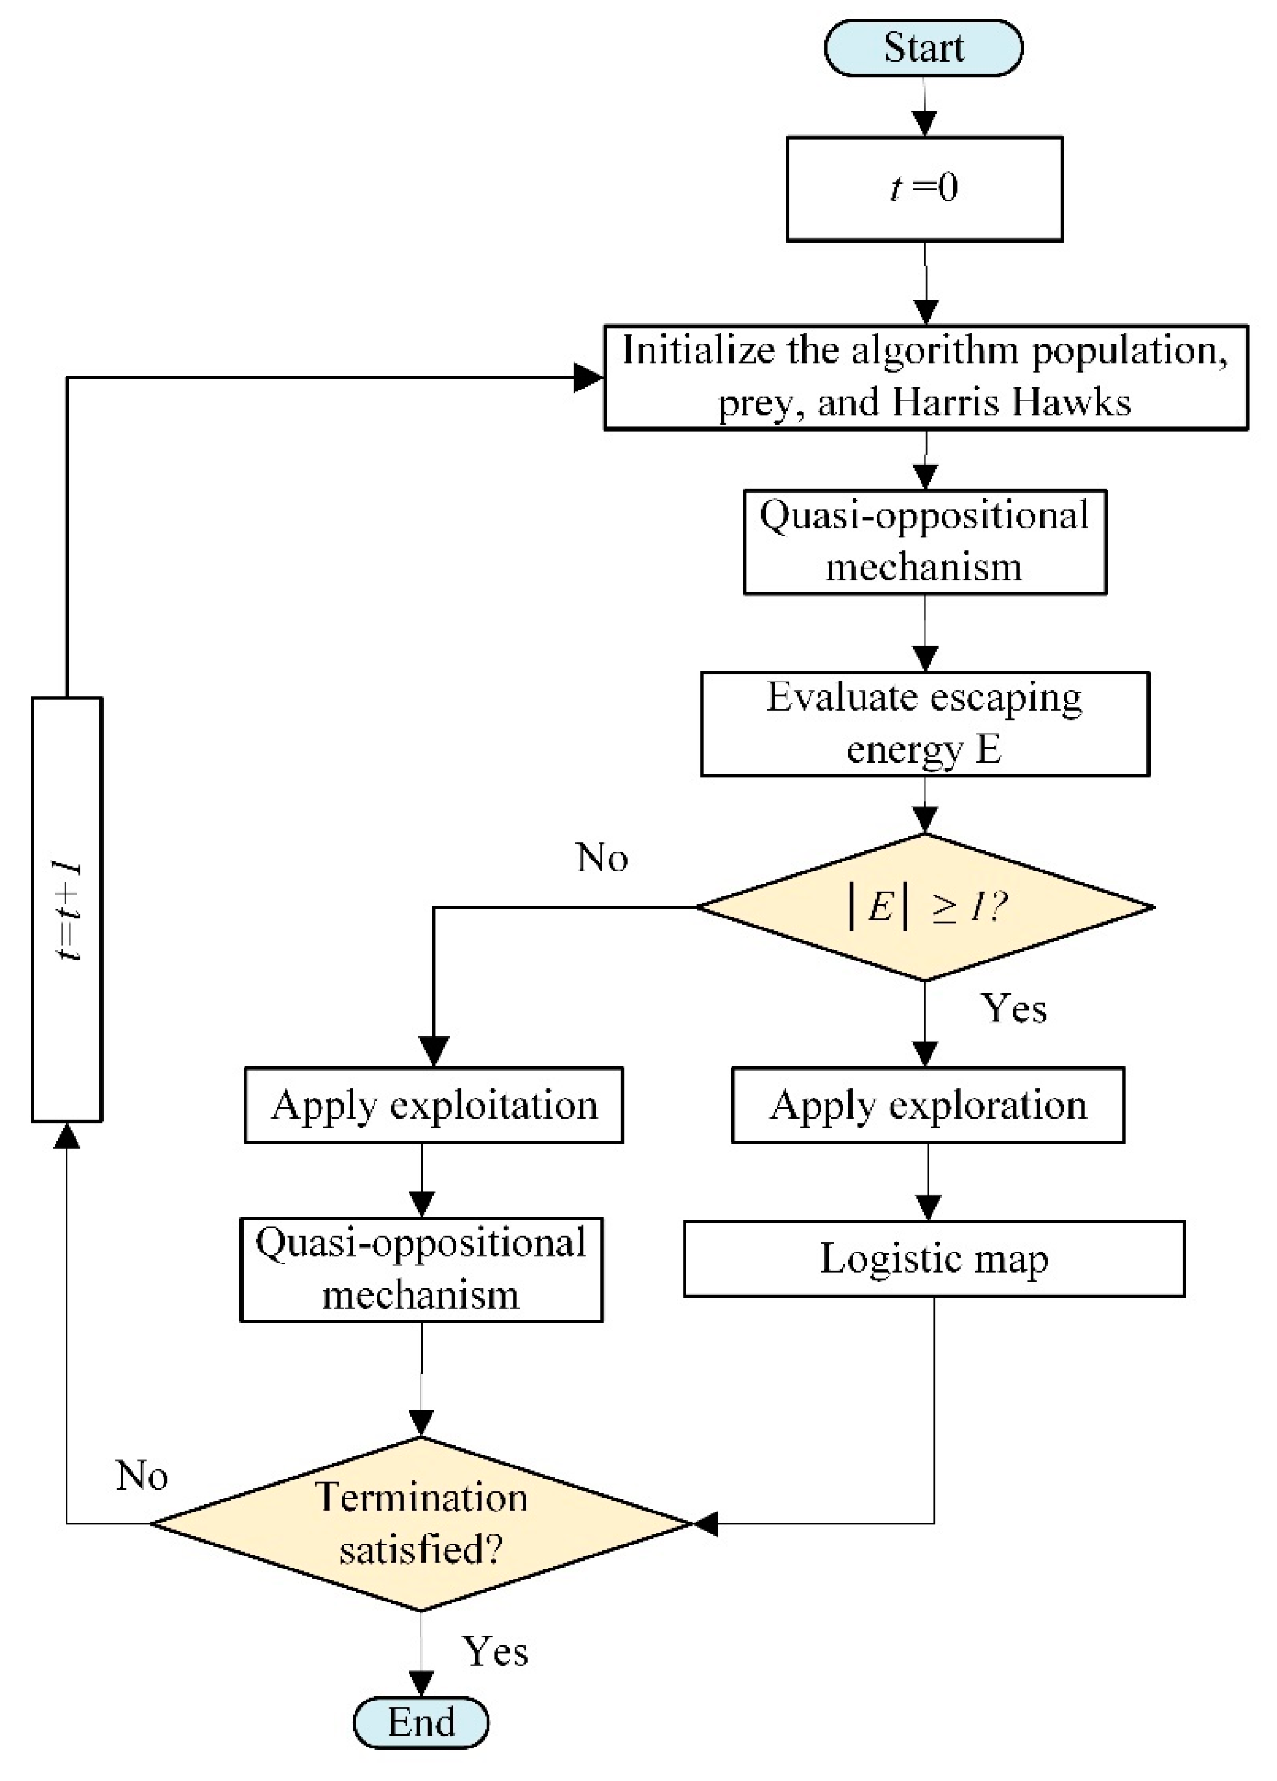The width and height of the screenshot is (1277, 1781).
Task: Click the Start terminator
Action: click(923, 48)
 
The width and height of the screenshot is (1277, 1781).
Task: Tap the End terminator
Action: click(421, 1722)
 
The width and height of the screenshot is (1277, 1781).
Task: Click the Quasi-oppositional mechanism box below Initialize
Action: click(925, 542)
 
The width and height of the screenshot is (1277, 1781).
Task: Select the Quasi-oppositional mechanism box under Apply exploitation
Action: click(421, 1270)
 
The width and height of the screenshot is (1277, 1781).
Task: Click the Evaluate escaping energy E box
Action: click(925, 723)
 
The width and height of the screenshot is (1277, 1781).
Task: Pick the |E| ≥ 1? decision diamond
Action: click(925, 907)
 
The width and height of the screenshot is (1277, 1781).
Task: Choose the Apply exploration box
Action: click(927, 1105)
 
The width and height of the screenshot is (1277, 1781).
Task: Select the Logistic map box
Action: click(933, 1259)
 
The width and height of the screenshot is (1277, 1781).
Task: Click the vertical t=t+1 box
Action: click(67, 909)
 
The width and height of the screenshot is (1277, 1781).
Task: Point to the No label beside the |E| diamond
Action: click(602, 857)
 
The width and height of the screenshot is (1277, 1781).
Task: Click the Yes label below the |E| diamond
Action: click(1013, 1009)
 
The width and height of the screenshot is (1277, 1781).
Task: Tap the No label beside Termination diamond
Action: click(142, 1476)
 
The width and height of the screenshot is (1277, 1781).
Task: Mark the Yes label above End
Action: click(495, 1651)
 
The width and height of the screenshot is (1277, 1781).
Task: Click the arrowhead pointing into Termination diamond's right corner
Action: click(705, 1524)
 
